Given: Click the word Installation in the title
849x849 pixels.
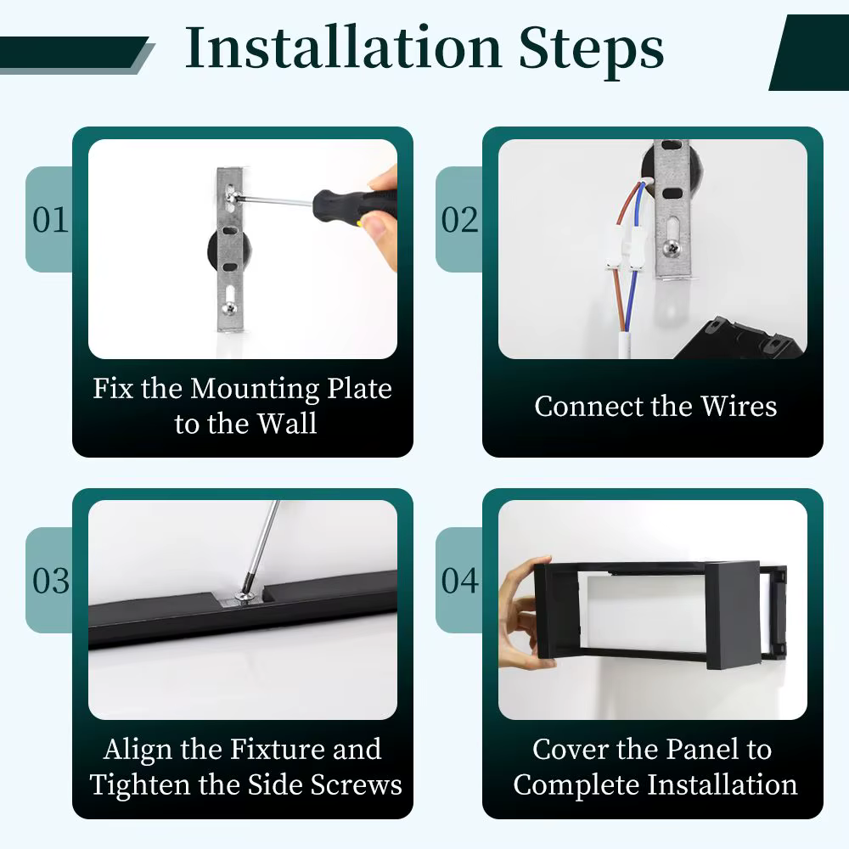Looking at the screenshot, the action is click(343, 48).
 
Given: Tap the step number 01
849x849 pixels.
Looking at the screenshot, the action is click(50, 220).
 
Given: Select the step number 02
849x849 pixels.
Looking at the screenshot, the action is click(459, 220).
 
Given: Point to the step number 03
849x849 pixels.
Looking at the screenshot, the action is click(51, 581).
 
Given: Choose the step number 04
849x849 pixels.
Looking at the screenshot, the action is click(459, 581).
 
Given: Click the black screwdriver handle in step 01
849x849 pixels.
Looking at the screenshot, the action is click(355, 205).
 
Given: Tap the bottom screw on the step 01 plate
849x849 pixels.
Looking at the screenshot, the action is click(229, 309).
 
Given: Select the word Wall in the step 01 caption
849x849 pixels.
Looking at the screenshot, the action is click(287, 424).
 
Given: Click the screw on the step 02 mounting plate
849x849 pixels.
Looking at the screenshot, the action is click(672, 248).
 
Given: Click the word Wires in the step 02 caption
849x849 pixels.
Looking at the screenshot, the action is click(739, 406).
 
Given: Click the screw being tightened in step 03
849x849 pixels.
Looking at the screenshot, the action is click(244, 597).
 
